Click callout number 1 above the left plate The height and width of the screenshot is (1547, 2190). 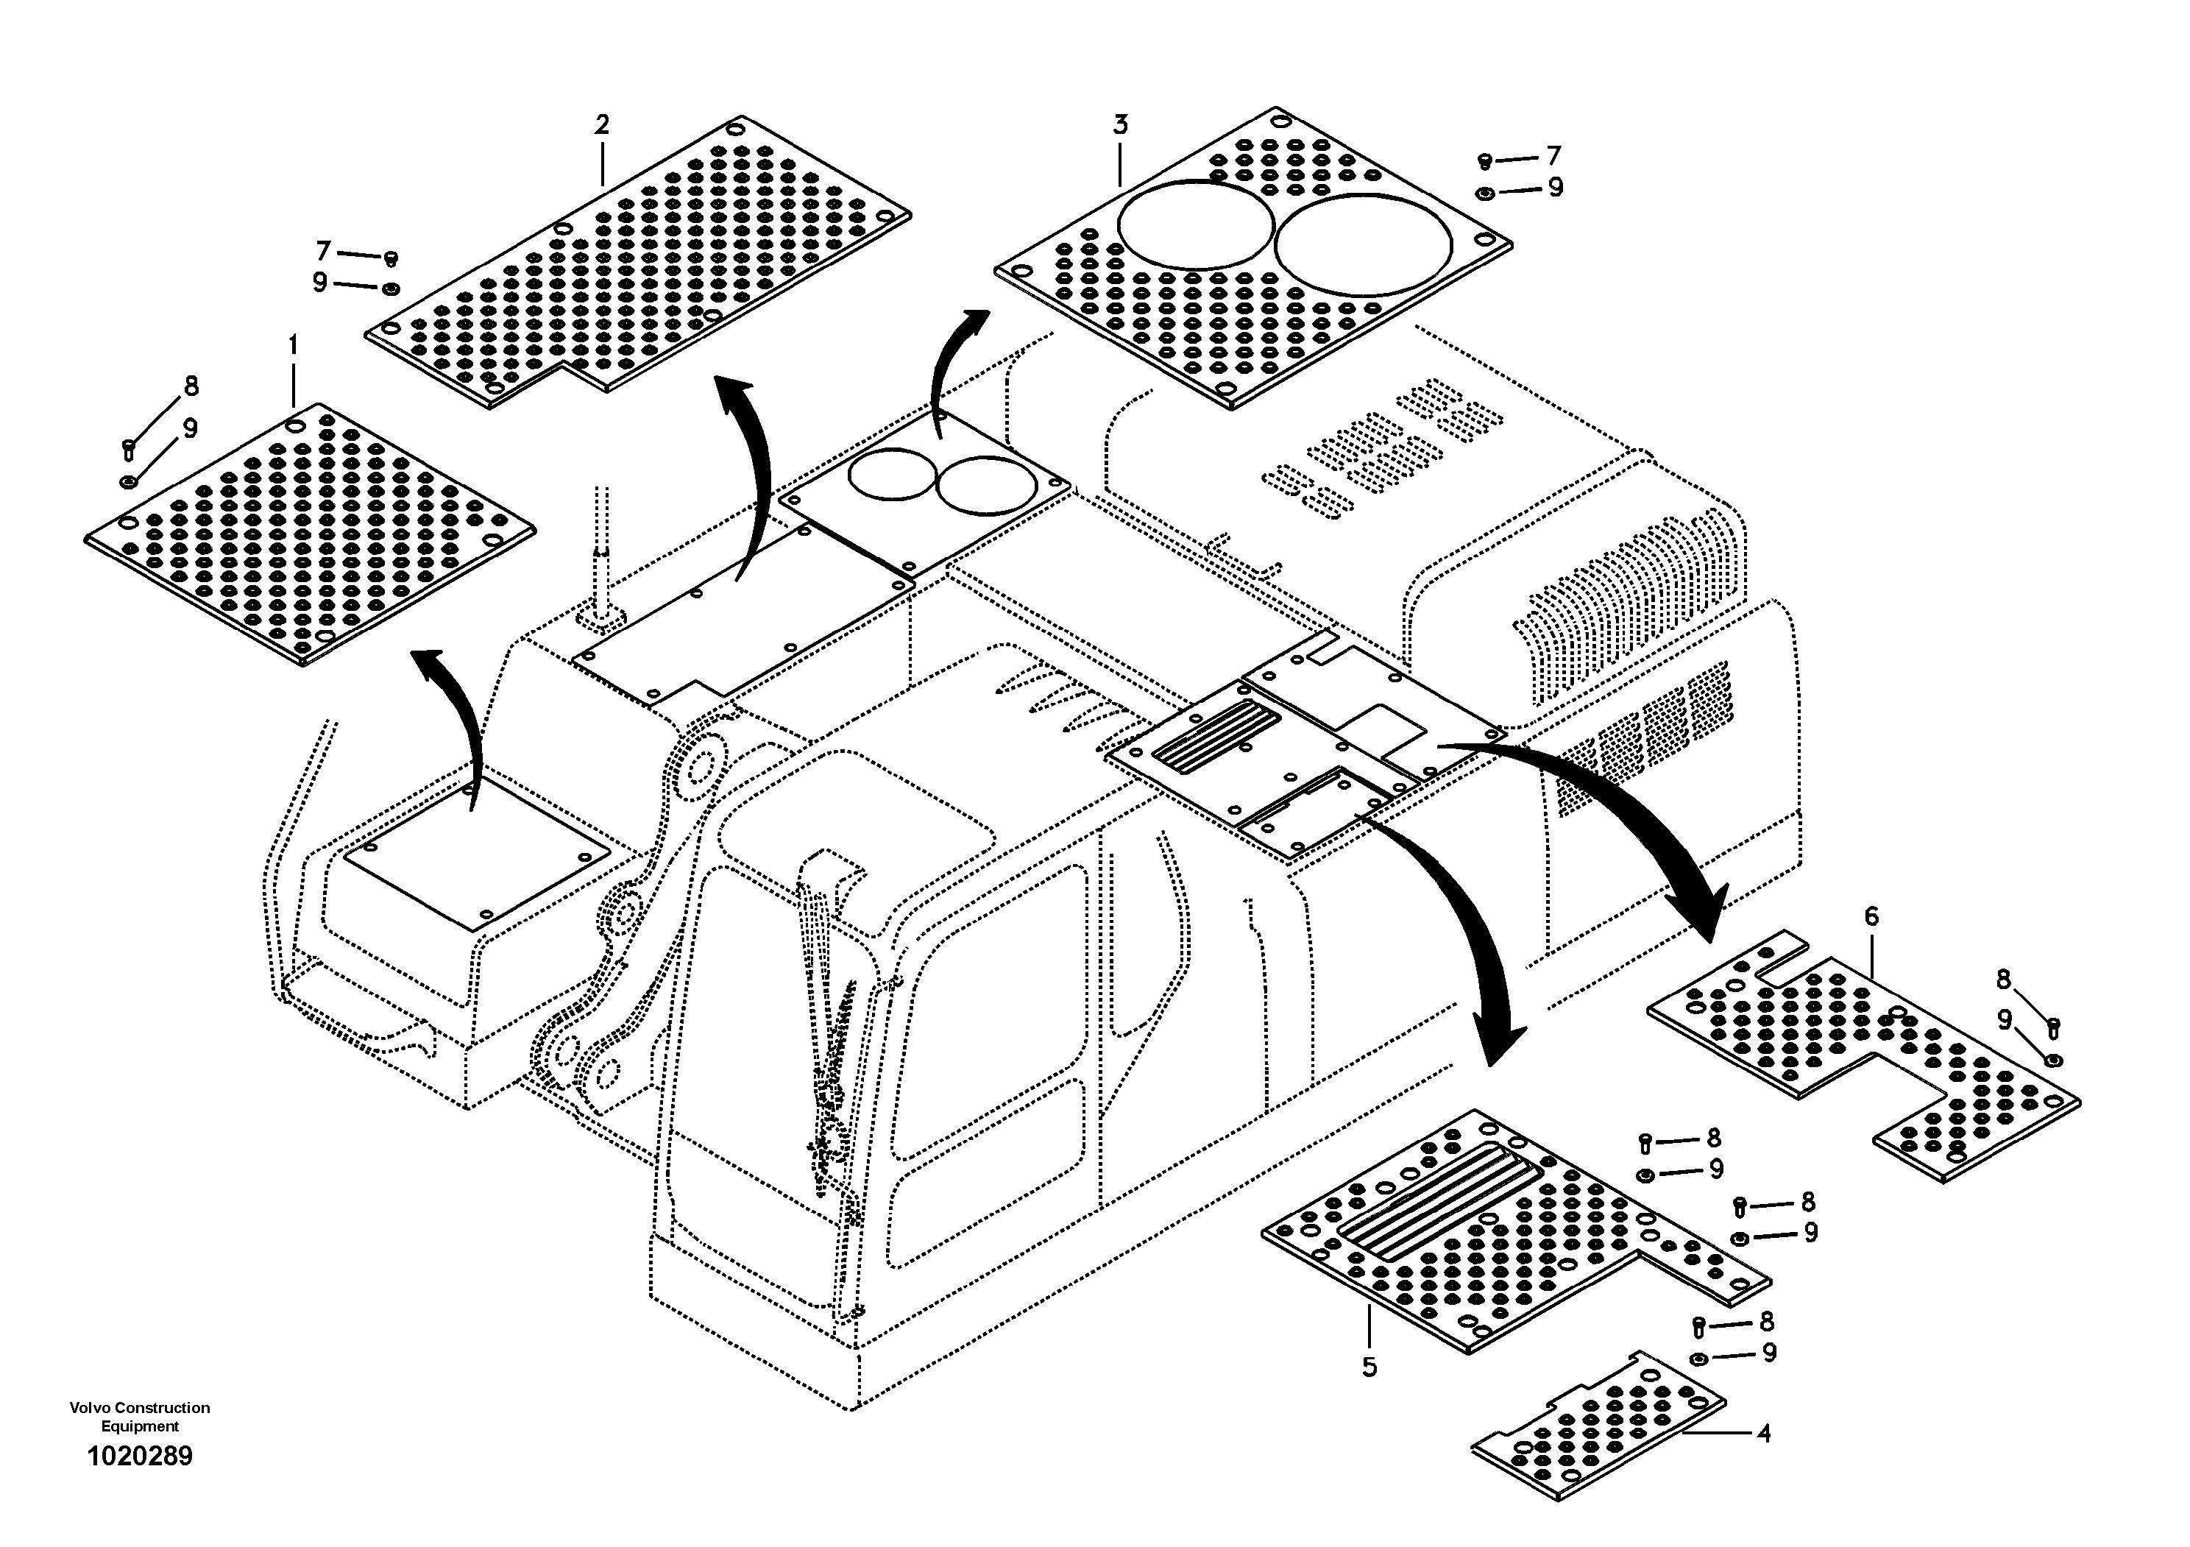coord(293,344)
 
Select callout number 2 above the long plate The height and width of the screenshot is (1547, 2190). coord(601,125)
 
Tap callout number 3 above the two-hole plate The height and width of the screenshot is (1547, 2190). coord(1120,125)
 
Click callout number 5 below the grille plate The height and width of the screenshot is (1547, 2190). coord(1369,1367)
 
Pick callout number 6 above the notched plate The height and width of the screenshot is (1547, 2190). coord(1871,916)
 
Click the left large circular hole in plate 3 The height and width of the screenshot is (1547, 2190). coord(1194,225)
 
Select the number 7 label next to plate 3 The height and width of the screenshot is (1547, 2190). coord(1553,155)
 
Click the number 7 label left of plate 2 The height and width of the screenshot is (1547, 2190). coord(323,251)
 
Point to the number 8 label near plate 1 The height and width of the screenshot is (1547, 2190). coord(191,386)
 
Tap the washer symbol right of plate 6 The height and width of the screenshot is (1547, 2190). coord(2054,1061)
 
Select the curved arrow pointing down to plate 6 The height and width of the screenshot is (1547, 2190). coord(1621,821)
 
